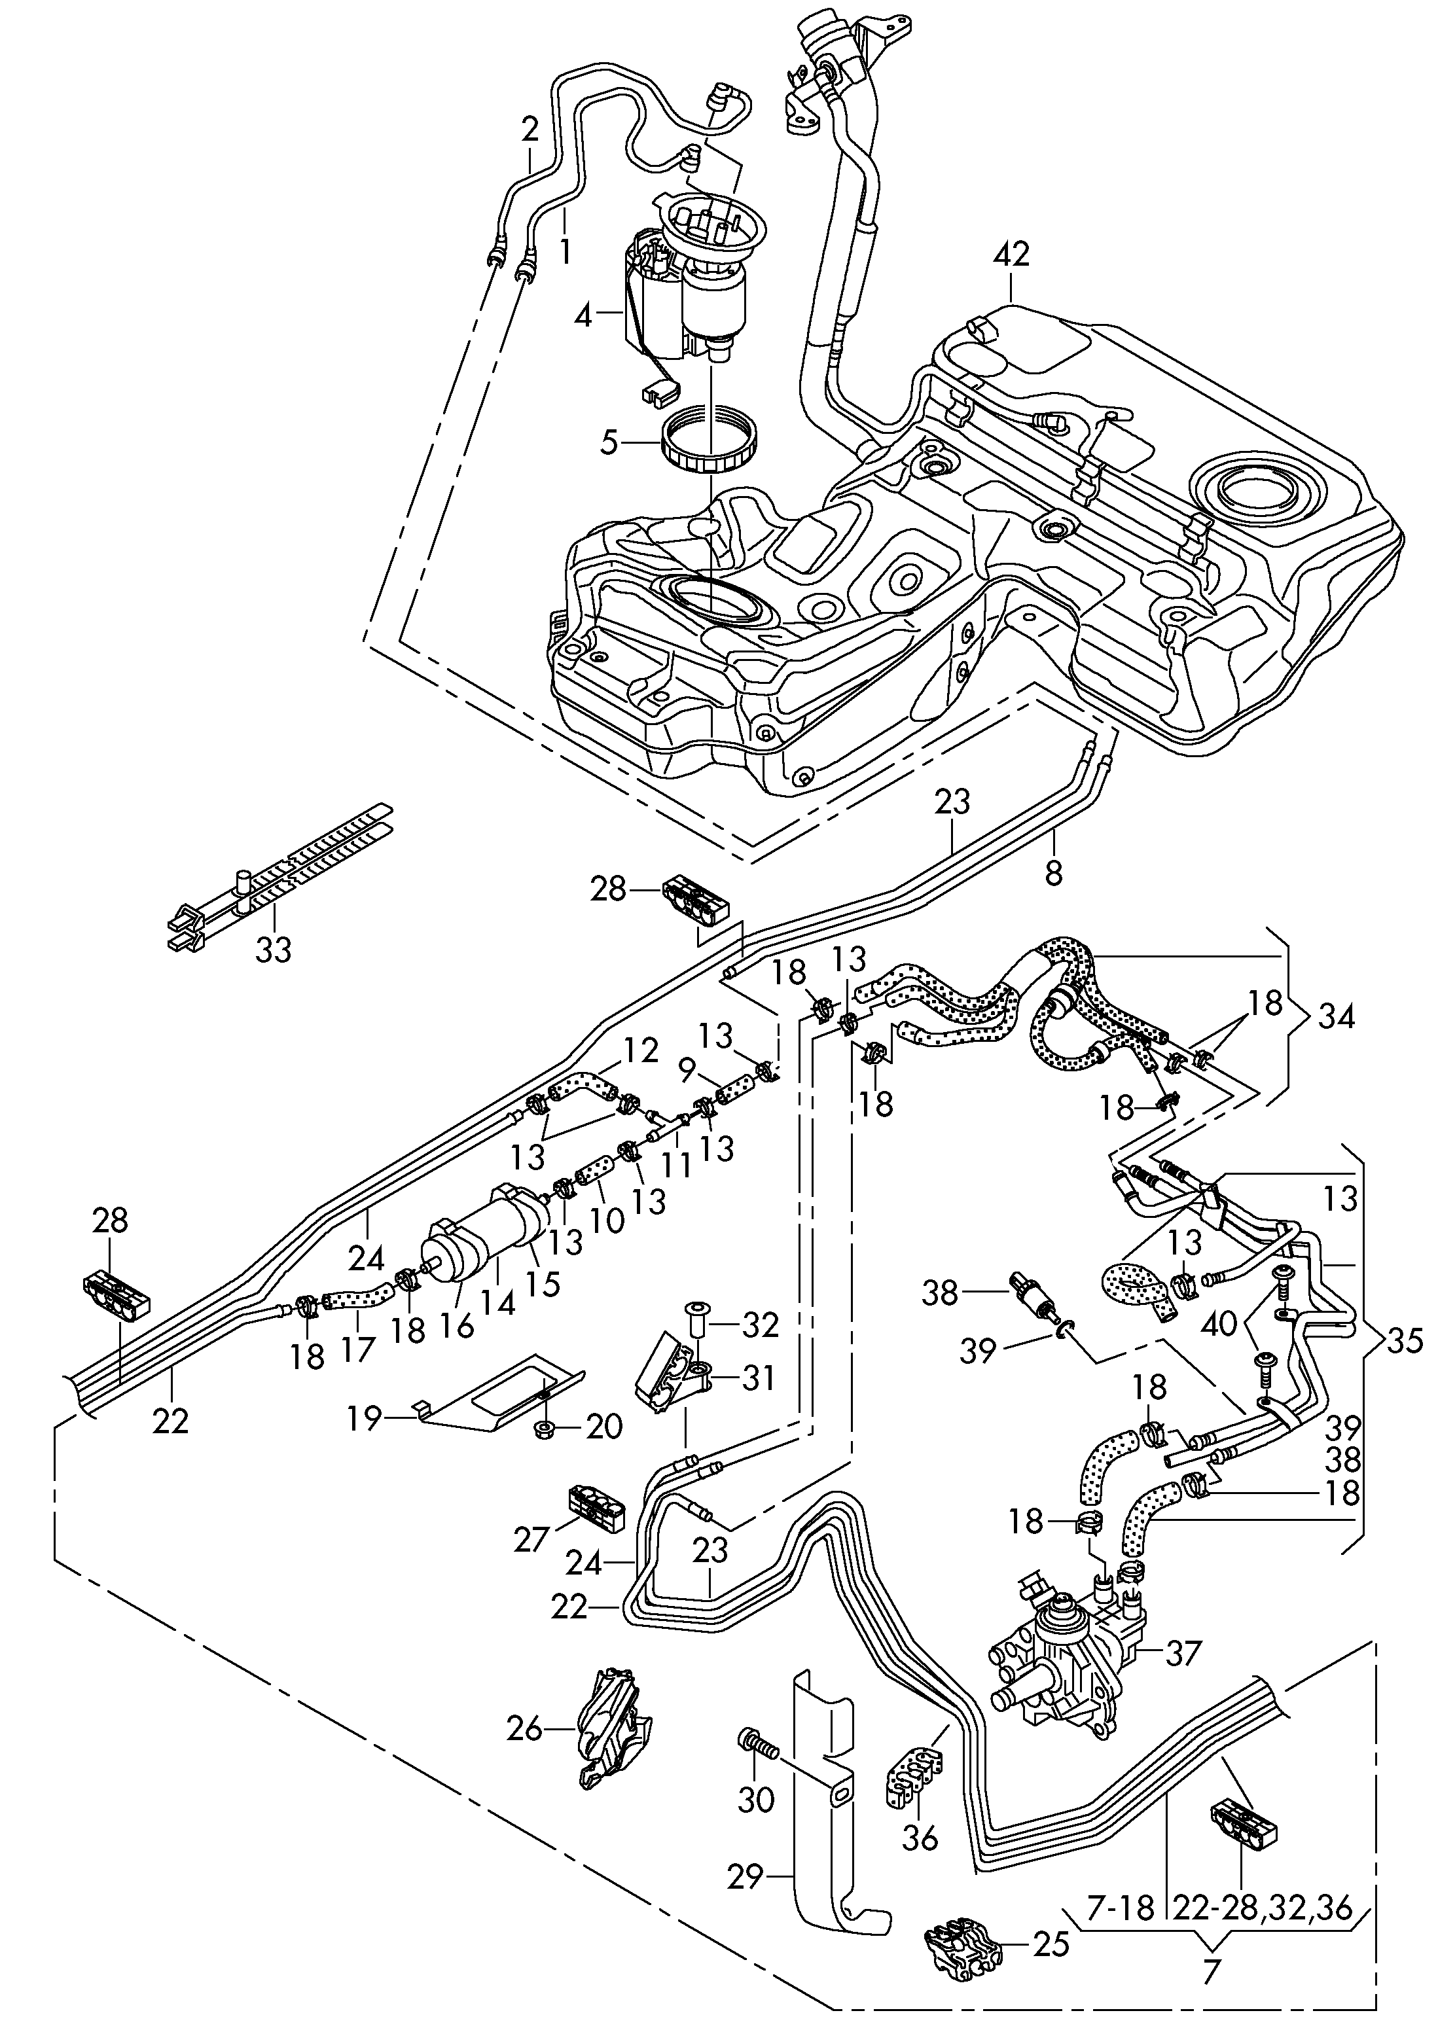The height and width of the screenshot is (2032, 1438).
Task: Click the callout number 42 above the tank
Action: [x=1011, y=255]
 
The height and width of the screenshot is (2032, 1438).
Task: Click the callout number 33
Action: [x=273, y=951]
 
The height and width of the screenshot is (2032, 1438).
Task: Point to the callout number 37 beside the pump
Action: [x=1182, y=1652]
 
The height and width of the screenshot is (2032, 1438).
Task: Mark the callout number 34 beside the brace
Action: [x=1336, y=1016]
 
